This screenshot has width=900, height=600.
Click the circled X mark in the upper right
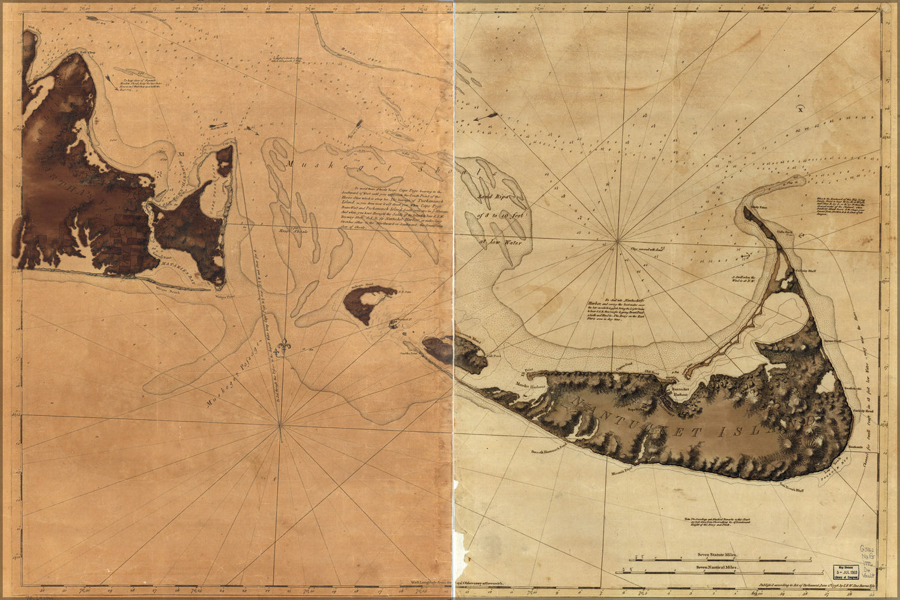800,109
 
